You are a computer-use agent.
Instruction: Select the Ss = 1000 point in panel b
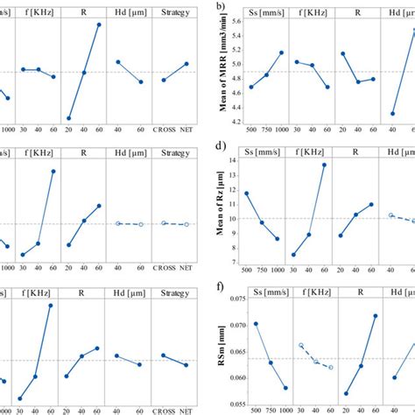[281, 53]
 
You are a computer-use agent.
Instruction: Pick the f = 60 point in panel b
[328, 87]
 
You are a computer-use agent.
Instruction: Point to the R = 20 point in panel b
[343, 53]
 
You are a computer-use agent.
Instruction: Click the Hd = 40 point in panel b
[392, 113]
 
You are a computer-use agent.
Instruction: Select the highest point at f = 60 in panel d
[328, 165]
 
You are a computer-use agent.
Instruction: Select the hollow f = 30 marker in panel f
[301, 346]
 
